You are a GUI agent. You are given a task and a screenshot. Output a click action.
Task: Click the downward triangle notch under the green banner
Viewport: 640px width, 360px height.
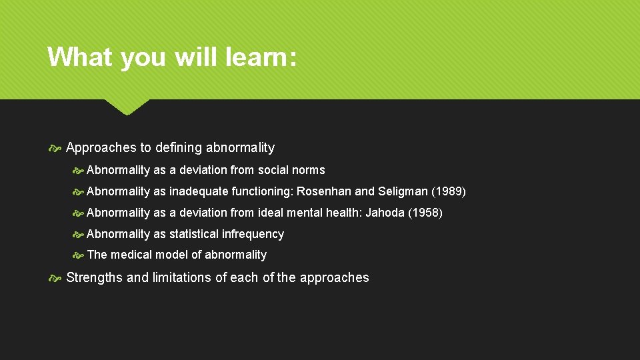pyautogui.click(x=127, y=107)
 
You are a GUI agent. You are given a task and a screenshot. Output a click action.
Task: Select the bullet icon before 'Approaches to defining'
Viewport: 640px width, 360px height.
pyautogui.click(x=55, y=148)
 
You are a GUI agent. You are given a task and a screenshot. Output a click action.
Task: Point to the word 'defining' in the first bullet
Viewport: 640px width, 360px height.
pyautogui.click(x=178, y=148)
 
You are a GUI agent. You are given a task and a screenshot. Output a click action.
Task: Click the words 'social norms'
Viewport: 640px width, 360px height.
pyautogui.click(x=291, y=170)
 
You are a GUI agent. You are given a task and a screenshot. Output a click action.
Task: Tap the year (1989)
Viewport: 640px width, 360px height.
pyautogui.click(x=449, y=192)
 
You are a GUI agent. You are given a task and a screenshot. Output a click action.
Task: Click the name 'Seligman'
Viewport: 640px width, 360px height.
pyautogui.click(x=403, y=192)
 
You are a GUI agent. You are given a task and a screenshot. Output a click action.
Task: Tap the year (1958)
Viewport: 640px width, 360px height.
pyautogui.click(x=425, y=213)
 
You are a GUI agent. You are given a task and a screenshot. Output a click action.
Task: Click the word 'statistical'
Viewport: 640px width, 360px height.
pyautogui.click(x=193, y=234)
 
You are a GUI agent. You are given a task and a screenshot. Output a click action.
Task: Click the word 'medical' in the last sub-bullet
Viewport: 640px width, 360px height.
pyautogui.click(x=131, y=255)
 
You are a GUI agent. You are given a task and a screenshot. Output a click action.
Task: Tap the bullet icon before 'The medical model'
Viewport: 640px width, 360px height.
pyautogui.click(x=77, y=255)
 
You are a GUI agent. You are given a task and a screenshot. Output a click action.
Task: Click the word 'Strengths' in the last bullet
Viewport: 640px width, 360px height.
pyautogui.click(x=94, y=278)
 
